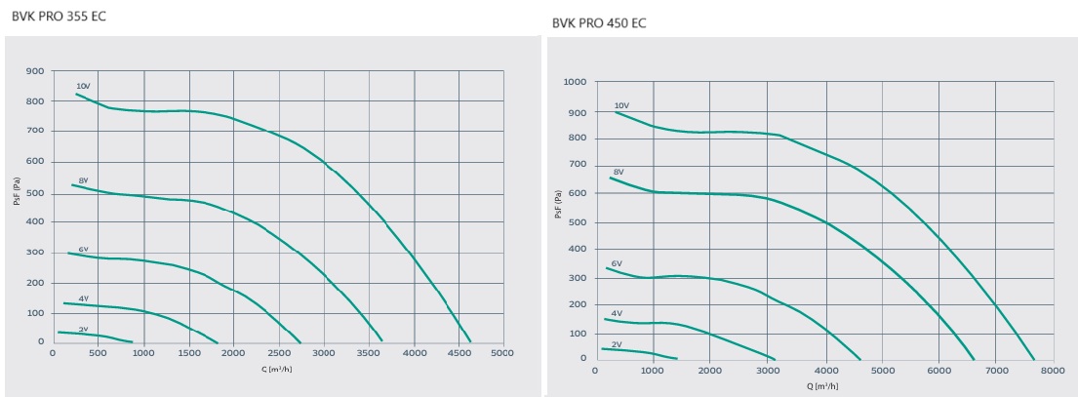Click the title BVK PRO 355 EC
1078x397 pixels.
click(59, 17)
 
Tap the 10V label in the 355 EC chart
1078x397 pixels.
click(83, 87)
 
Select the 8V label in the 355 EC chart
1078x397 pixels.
click(84, 179)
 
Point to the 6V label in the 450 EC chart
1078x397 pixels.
click(617, 263)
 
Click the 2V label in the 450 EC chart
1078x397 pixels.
click(617, 344)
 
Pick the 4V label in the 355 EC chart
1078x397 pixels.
click(84, 298)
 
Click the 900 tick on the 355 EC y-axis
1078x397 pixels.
click(35, 71)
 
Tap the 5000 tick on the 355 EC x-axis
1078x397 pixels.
click(501, 353)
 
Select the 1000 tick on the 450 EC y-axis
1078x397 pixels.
click(575, 82)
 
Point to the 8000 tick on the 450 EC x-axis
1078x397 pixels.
click(1053, 371)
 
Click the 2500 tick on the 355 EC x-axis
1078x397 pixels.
click(278, 353)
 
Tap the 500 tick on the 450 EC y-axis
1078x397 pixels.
click(578, 221)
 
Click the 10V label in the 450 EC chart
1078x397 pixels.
click(621, 105)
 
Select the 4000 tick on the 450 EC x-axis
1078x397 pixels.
click(825, 371)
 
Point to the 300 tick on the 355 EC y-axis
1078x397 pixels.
click(35, 253)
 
